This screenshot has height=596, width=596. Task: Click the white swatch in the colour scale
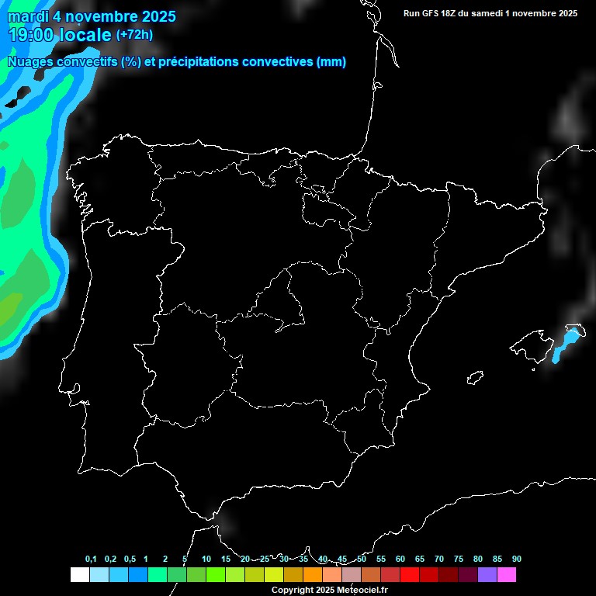coord(79,574)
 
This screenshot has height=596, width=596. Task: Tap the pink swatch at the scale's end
coord(507,574)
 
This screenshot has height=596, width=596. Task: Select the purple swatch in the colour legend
coord(487,574)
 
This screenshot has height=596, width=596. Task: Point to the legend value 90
coord(516,559)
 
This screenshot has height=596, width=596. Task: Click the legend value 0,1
coord(91,559)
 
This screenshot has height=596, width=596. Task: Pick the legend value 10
coord(206,559)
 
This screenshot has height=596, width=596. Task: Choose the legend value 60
coord(400,559)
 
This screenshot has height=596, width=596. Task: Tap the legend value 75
coord(458,559)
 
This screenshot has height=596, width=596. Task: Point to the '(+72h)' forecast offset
coord(134,35)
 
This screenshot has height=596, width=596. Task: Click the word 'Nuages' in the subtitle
coord(31,62)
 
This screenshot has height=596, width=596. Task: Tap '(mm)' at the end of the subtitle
coord(331,62)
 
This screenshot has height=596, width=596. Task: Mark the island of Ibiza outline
coord(475,377)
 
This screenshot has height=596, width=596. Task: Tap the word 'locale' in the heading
coord(85,35)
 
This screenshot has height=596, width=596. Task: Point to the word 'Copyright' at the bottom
coord(293,591)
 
